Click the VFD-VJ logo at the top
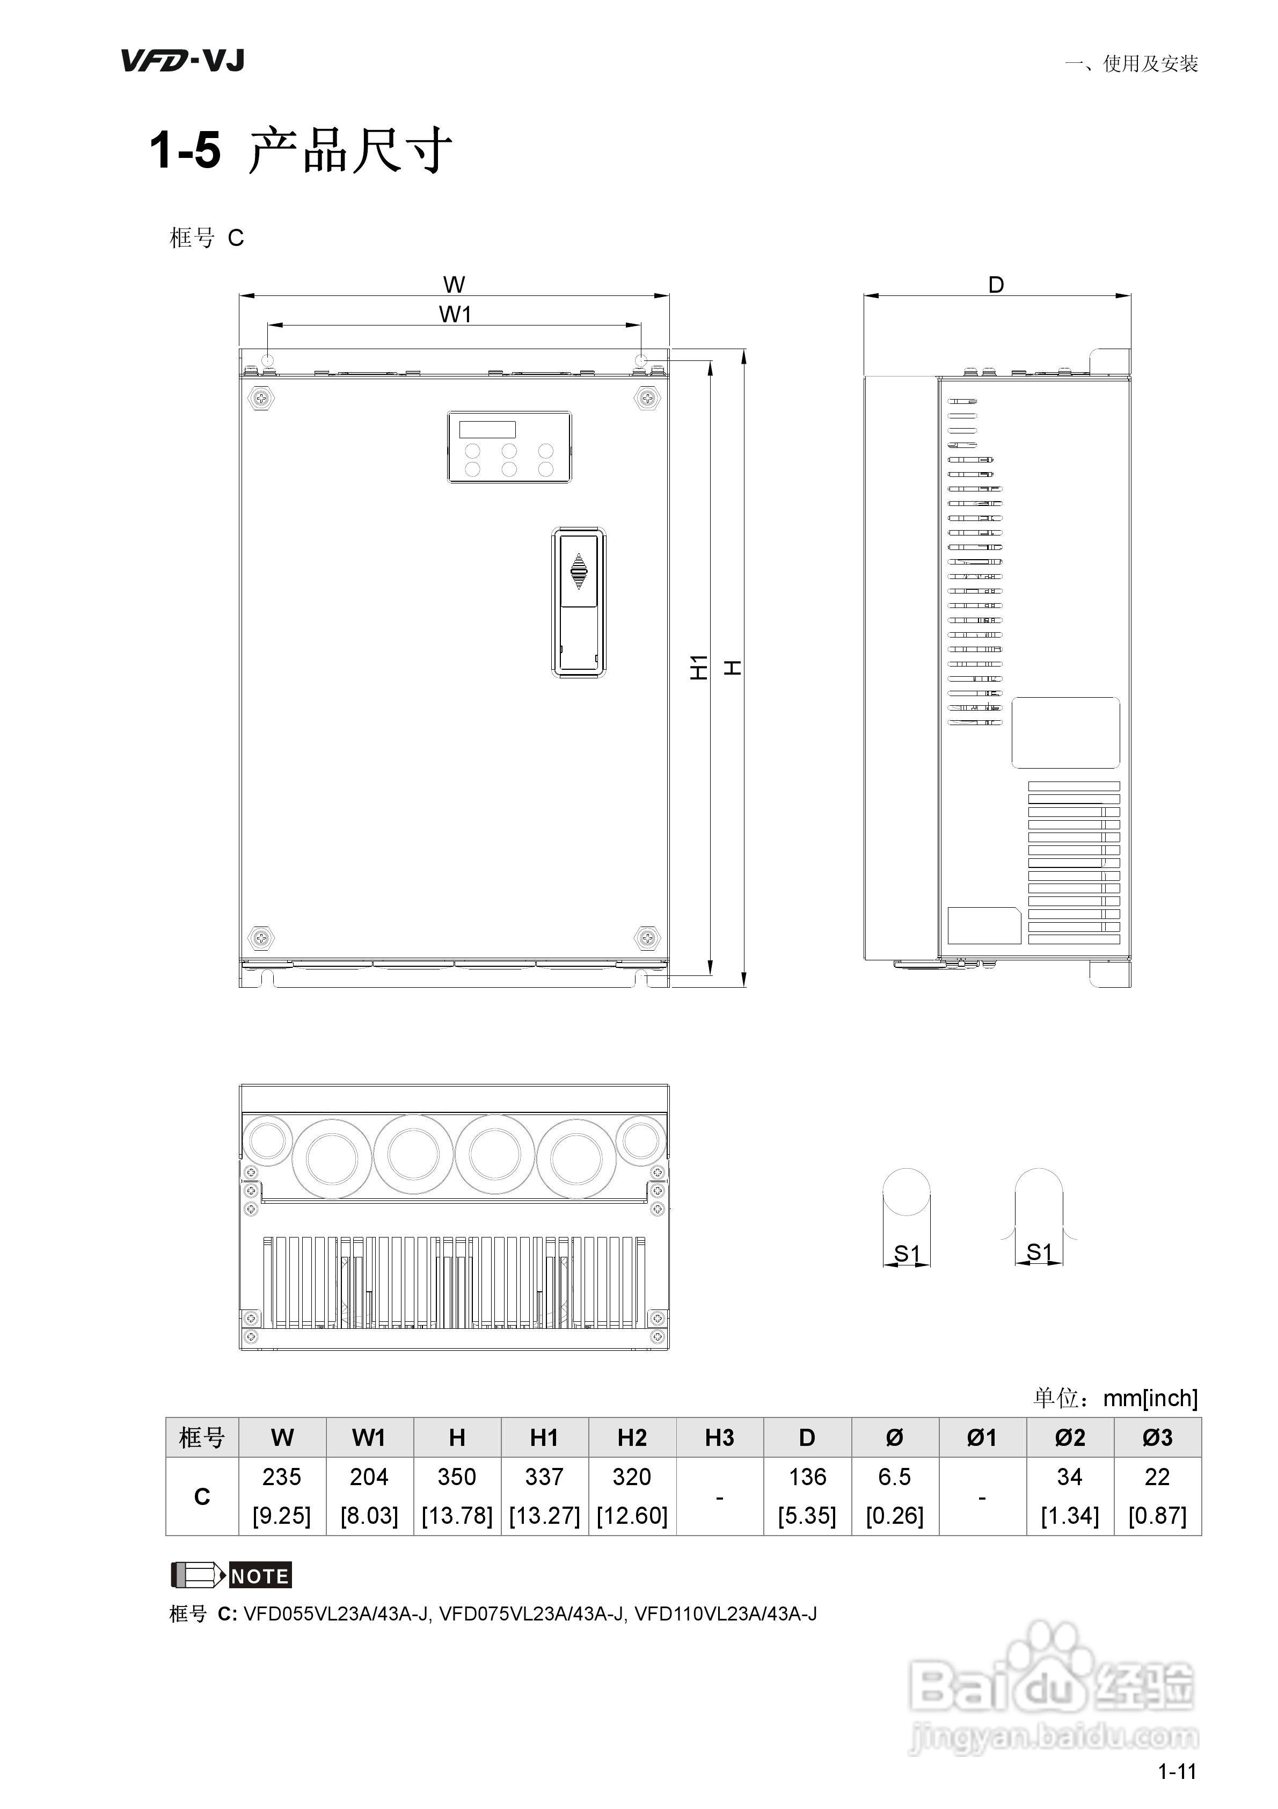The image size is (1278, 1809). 182,61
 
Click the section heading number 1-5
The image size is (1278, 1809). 185,150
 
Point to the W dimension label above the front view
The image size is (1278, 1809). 454,284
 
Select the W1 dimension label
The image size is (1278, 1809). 455,314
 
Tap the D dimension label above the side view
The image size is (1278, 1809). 996,285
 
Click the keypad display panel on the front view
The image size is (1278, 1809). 509,447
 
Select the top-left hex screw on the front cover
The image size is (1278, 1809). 261,398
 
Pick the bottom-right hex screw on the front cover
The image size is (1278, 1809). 646,938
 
